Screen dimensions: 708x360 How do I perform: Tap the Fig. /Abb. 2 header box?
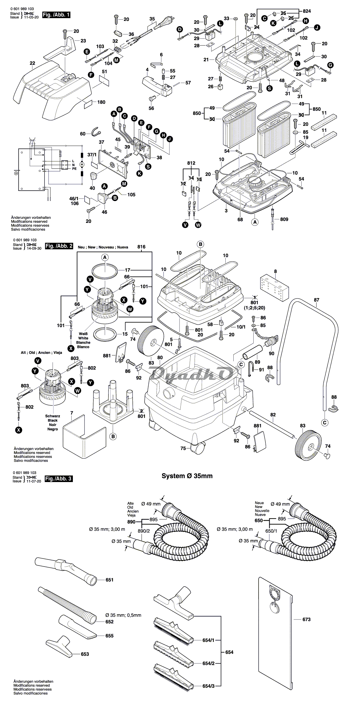[59, 246]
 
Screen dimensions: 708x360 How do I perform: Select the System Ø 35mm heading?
[187, 476]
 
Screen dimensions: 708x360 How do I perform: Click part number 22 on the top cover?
[33, 63]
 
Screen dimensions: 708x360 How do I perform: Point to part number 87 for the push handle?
[317, 300]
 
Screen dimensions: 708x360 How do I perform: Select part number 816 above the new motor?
[141, 247]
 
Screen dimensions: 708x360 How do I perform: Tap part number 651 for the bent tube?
[109, 580]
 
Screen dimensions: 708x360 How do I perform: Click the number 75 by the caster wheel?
[183, 449]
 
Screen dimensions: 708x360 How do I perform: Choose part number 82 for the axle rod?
[273, 415]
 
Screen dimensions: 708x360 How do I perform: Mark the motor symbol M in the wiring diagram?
[82, 164]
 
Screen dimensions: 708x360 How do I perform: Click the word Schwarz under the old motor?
[53, 416]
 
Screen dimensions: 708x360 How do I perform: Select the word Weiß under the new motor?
[83, 334]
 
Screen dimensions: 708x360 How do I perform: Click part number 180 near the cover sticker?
[101, 102]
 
